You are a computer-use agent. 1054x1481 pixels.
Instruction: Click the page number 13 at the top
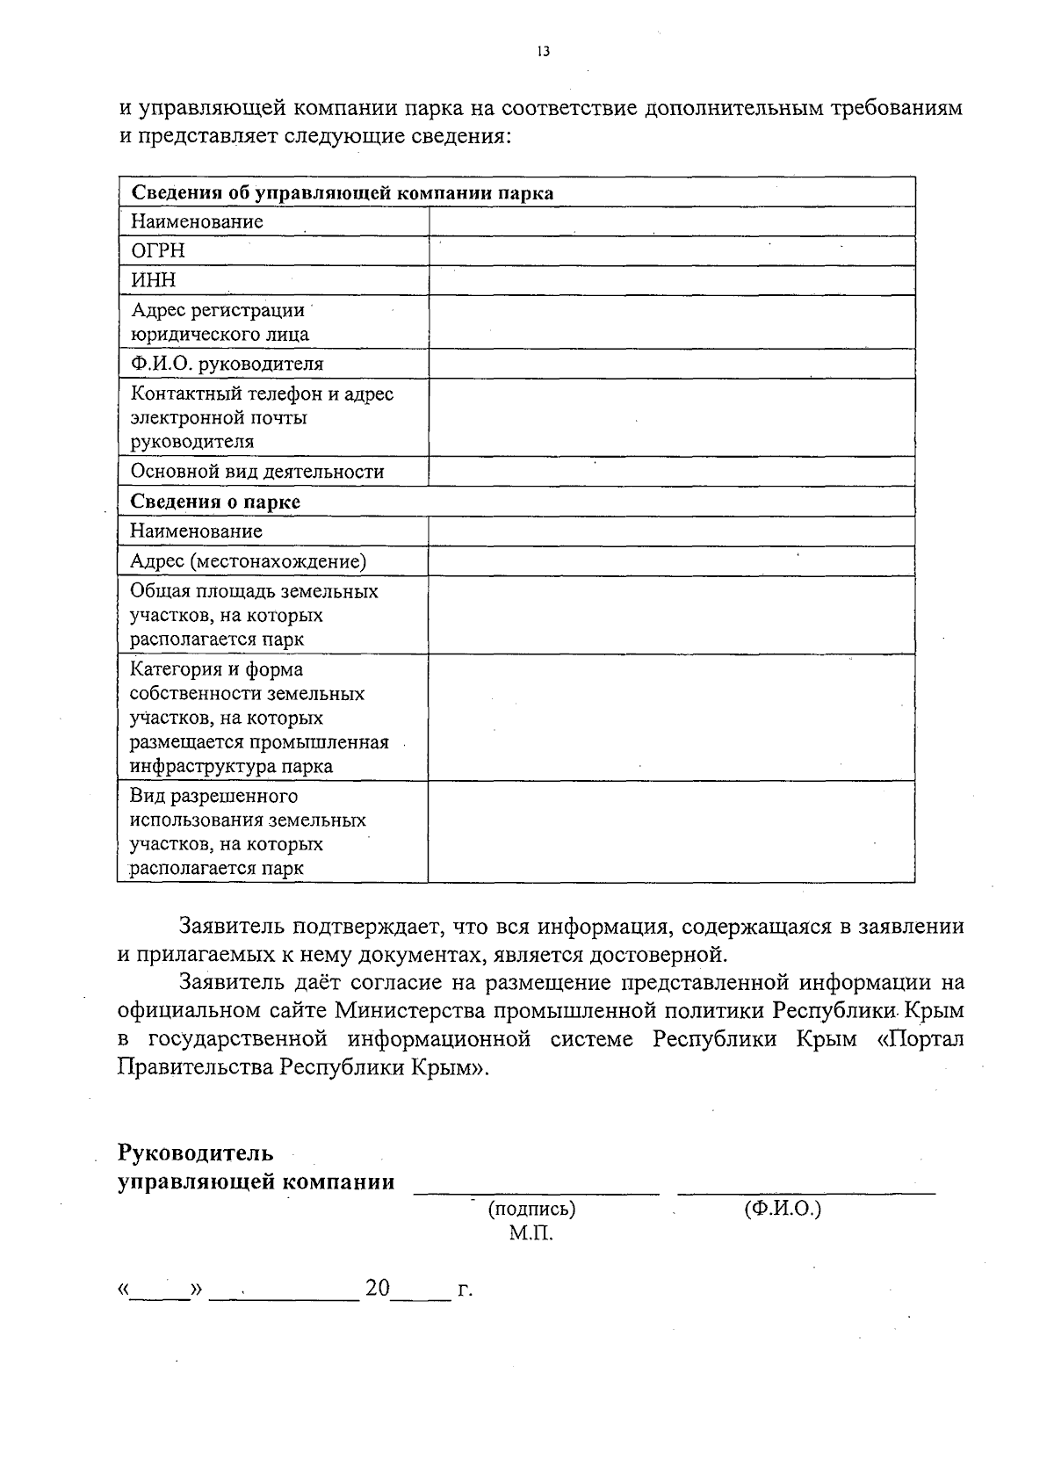(x=543, y=52)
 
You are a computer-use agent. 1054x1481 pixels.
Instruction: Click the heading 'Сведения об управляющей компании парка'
(x=342, y=193)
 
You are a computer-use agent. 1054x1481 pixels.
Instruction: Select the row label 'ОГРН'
(x=158, y=251)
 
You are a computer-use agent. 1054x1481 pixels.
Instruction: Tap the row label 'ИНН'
(x=154, y=280)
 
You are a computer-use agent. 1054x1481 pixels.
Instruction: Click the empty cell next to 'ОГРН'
(x=672, y=251)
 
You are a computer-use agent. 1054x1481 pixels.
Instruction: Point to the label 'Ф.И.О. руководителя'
(x=227, y=364)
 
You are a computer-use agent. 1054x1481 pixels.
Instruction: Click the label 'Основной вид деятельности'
(x=257, y=472)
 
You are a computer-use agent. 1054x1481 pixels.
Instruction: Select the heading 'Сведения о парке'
(x=215, y=502)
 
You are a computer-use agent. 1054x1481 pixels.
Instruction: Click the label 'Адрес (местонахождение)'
(x=248, y=561)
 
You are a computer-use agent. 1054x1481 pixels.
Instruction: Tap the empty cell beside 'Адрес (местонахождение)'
(x=672, y=561)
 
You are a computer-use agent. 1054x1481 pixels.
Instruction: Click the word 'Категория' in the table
(x=173, y=669)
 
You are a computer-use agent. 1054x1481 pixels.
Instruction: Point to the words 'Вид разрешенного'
(x=214, y=796)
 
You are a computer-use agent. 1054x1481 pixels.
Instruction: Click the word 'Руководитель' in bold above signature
(x=196, y=1152)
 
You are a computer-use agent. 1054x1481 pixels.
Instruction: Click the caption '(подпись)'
(x=531, y=1209)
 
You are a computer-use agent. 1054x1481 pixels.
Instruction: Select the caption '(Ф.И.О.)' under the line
(x=782, y=1209)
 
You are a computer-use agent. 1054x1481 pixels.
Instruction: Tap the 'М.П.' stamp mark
(x=531, y=1233)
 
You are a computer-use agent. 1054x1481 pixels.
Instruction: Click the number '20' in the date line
(x=378, y=1289)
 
